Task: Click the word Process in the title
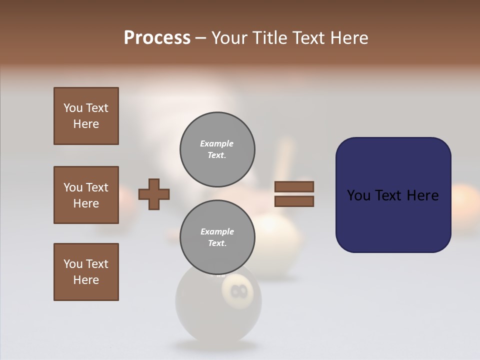click(x=157, y=38)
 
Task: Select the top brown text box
click(x=86, y=116)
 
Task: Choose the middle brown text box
click(x=86, y=195)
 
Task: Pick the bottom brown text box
click(x=86, y=272)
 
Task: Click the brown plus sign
click(x=154, y=194)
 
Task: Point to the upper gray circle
click(x=217, y=149)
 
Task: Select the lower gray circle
click(x=217, y=237)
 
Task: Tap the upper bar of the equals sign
click(x=294, y=186)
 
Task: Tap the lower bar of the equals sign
click(x=294, y=201)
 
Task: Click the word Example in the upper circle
click(x=217, y=143)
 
